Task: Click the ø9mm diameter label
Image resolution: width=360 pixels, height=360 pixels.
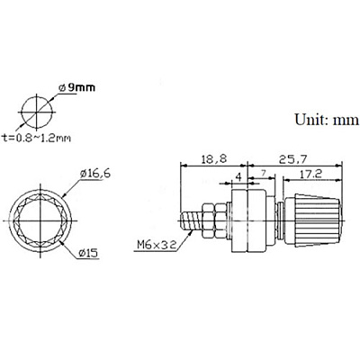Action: click(x=77, y=88)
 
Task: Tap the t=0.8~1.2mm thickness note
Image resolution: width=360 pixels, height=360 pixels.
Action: click(x=36, y=138)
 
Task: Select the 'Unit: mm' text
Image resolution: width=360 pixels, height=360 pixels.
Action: click(x=327, y=120)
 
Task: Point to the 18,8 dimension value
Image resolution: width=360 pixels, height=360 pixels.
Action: click(x=214, y=159)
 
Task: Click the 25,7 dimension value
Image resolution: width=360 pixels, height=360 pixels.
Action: click(x=292, y=159)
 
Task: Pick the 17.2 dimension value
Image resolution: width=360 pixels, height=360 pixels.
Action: click(x=309, y=174)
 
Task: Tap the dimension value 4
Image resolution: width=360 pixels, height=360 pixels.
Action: click(x=238, y=177)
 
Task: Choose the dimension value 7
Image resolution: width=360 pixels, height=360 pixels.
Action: click(x=264, y=173)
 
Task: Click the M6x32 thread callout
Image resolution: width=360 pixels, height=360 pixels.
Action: click(x=156, y=245)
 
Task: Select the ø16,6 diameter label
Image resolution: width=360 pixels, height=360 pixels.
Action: click(x=95, y=174)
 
